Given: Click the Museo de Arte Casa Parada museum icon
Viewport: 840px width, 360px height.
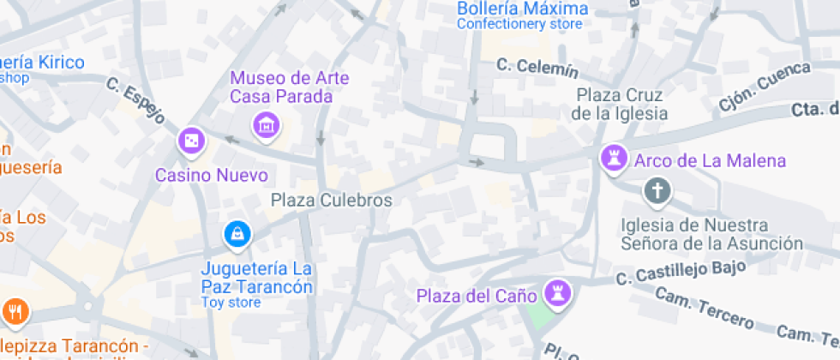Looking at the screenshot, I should point(267,125).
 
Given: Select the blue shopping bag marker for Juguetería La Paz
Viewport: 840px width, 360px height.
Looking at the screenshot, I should point(236,232).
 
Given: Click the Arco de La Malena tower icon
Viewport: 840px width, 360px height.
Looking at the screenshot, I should point(613,159).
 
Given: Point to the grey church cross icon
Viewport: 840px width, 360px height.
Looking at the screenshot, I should point(657,191).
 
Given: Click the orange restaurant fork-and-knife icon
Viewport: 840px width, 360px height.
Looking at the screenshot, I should point(15,310).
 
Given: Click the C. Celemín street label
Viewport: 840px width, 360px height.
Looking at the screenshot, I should point(537,67).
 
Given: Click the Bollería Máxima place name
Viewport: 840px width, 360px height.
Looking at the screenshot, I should point(522,9).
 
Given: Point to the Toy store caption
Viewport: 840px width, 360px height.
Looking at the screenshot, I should point(231,303).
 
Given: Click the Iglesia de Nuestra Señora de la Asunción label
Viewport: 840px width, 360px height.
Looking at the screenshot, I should point(712,234).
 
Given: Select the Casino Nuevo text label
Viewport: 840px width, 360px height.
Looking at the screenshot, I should point(211,176).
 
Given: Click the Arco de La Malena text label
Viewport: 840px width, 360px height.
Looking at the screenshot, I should point(710,160).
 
